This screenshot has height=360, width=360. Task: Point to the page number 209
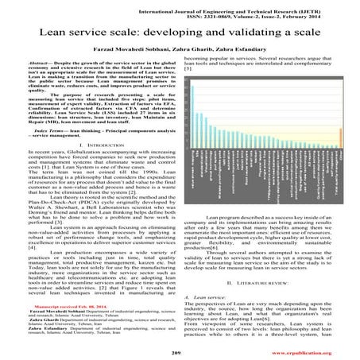point(180,350)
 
